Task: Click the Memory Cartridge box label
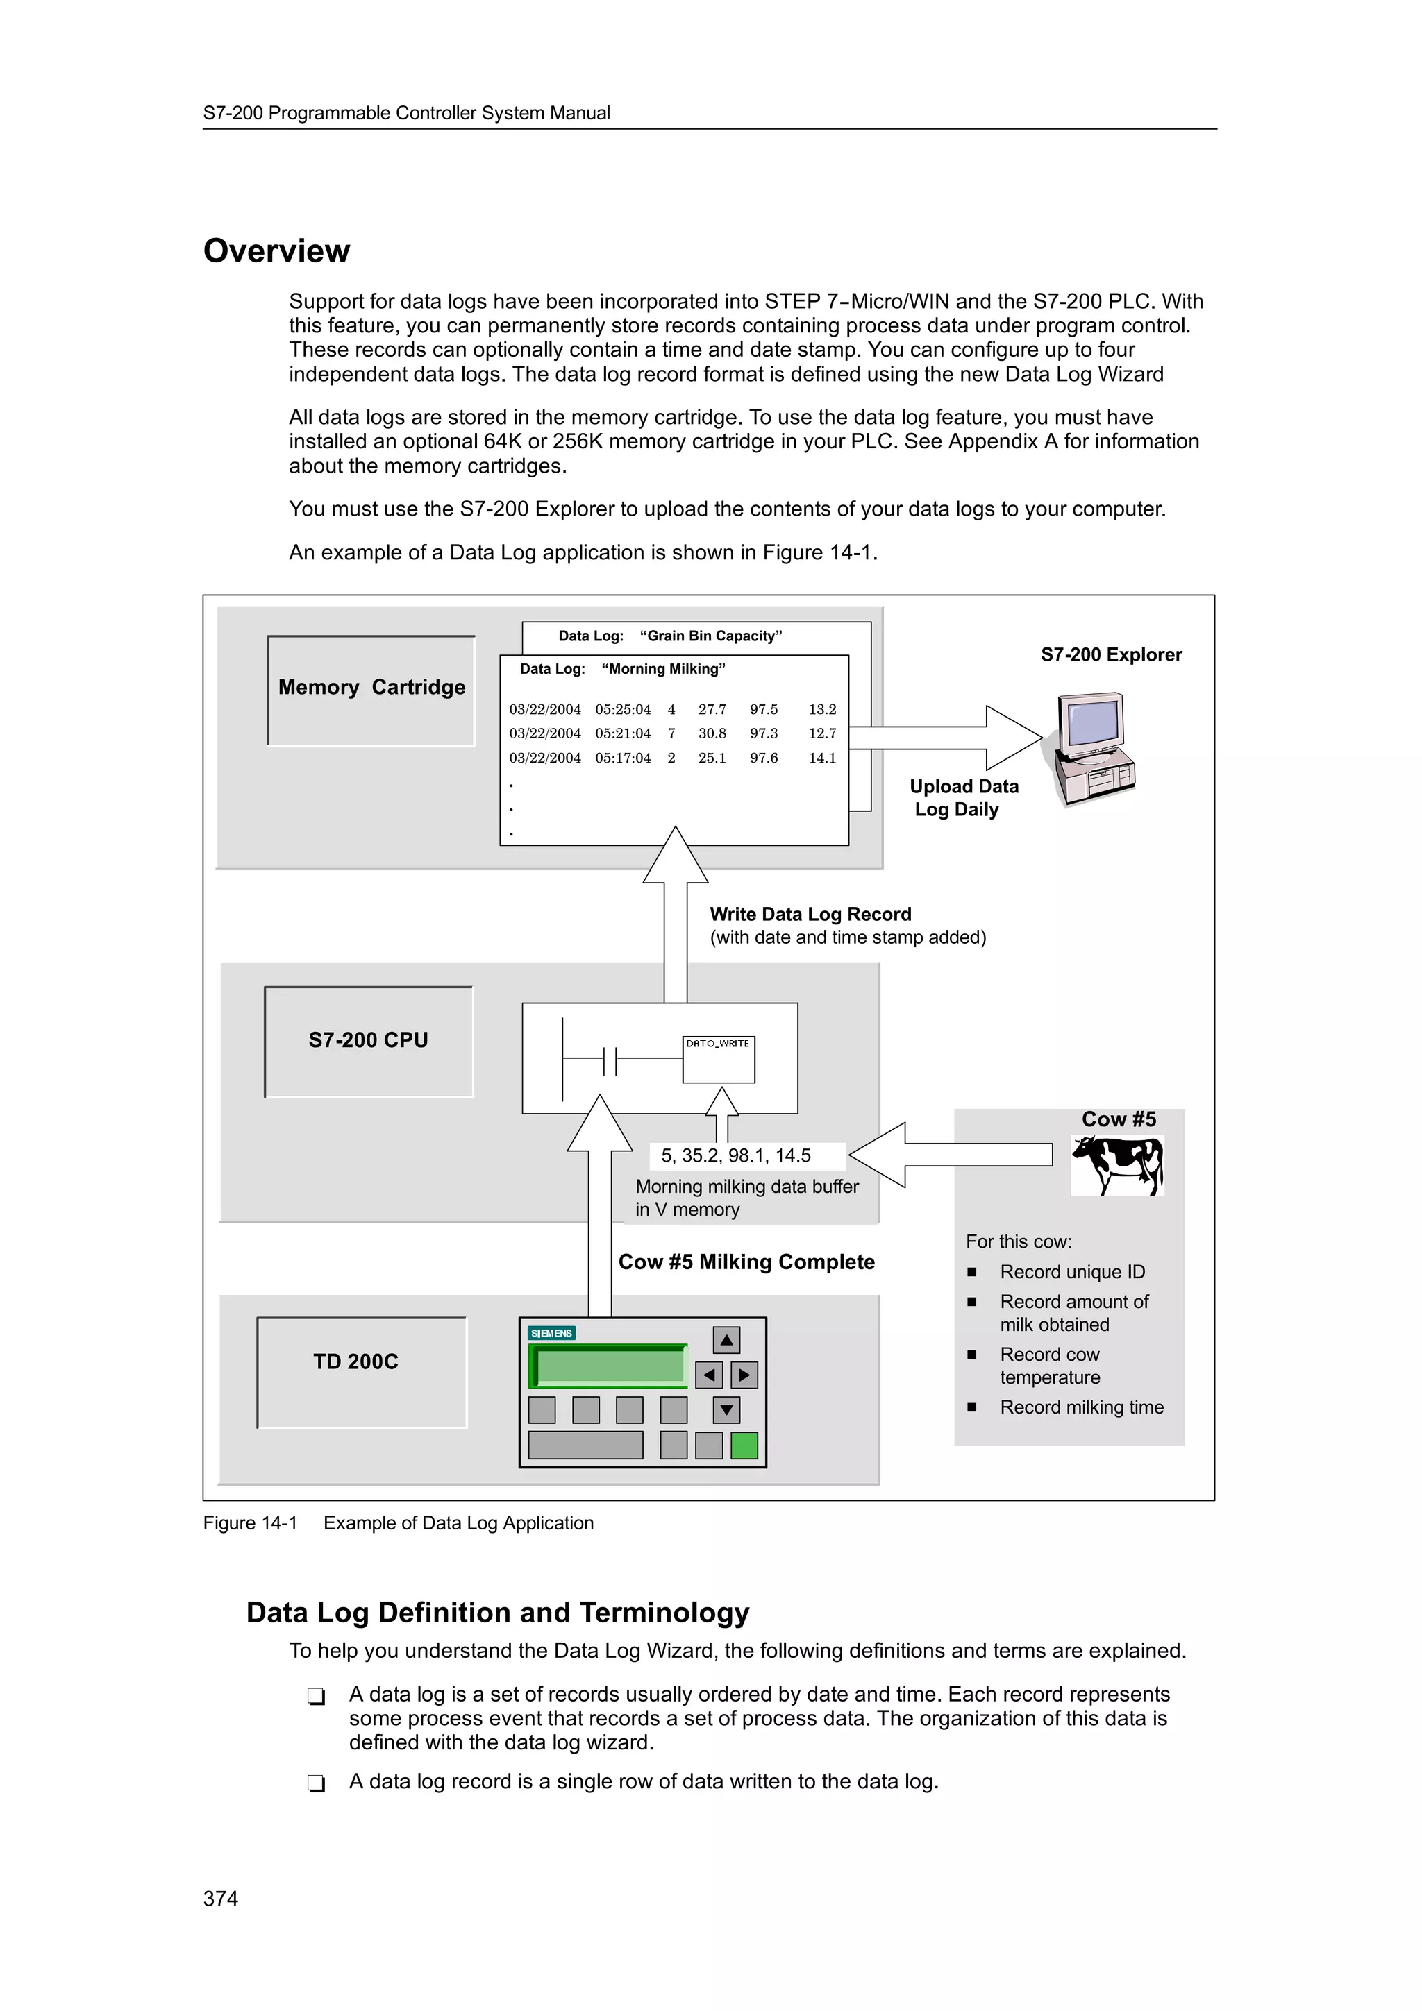coord(371,688)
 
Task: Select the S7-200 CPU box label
coord(368,1040)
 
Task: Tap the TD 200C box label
coord(355,1362)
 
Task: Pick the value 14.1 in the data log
coord(822,758)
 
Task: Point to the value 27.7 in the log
coord(712,709)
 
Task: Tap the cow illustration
coord(1117,1165)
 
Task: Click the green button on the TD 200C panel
coord(744,1445)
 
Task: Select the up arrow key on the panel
coord(726,1340)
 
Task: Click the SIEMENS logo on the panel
coord(551,1333)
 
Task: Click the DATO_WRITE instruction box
coord(719,1060)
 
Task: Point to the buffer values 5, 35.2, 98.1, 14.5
coord(736,1156)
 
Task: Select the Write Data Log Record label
coord(810,915)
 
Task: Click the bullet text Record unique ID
coord(1073,1272)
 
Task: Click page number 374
coord(221,1898)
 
